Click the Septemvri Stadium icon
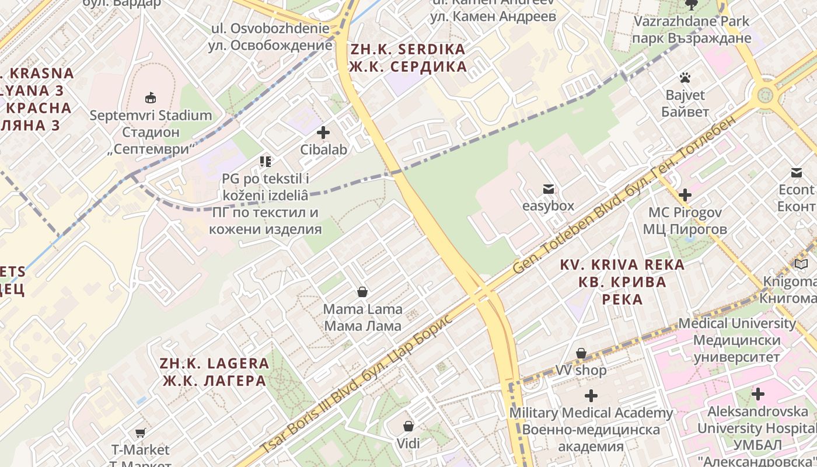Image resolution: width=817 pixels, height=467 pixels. pos(151,97)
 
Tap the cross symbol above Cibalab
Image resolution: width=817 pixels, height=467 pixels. pos(323,133)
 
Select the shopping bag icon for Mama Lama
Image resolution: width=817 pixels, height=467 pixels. pos(362,291)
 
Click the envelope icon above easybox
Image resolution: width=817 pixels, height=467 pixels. pos(548,189)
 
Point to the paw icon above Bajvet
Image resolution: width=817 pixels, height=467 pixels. pos(685,78)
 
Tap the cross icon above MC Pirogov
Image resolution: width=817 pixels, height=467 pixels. pos(685,195)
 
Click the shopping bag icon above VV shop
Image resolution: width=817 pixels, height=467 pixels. pos(581,353)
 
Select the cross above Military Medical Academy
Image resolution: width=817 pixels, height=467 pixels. pos(591,396)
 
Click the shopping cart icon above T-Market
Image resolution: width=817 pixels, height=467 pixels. pos(140,433)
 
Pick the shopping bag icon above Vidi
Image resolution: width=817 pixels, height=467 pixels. pos(408,426)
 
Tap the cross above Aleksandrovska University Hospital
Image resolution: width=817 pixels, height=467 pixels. pos(757,394)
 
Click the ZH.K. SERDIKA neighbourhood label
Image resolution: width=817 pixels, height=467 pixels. pos(408,57)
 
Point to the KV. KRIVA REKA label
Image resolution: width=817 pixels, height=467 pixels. pos(622,282)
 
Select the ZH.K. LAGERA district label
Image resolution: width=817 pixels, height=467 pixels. pos(214,372)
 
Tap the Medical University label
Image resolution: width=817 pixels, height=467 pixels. pos(737,340)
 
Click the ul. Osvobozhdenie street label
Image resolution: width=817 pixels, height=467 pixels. pos(271,36)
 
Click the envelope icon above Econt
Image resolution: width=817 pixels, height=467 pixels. pos(796,173)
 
